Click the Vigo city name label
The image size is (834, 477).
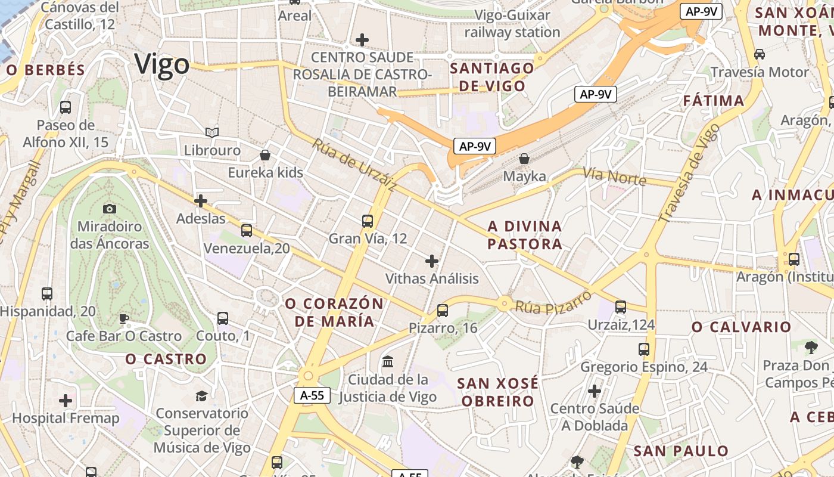tap(162, 64)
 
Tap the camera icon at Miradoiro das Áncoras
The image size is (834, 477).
tap(110, 209)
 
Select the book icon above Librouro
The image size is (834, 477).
tap(212, 132)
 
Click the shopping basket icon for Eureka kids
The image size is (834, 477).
tap(265, 156)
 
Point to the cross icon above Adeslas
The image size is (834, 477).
tap(201, 201)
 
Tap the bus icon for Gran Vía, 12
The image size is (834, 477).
tap(368, 221)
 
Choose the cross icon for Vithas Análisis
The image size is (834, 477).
tap(432, 261)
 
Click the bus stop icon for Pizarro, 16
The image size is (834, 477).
tap(442, 311)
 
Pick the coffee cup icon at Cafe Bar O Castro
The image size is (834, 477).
tap(124, 318)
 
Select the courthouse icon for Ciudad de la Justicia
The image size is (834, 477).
tap(388, 361)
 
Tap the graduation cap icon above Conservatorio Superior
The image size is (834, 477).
tap(202, 396)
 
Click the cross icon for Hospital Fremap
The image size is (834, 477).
tap(66, 401)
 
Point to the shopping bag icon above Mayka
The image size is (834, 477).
tap(524, 159)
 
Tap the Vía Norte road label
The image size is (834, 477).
tap(614, 176)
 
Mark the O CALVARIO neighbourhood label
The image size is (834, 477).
tap(741, 327)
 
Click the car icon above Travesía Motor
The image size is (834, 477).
tap(760, 54)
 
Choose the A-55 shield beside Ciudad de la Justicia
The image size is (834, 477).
tap(312, 395)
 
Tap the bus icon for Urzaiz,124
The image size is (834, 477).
tap(621, 307)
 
